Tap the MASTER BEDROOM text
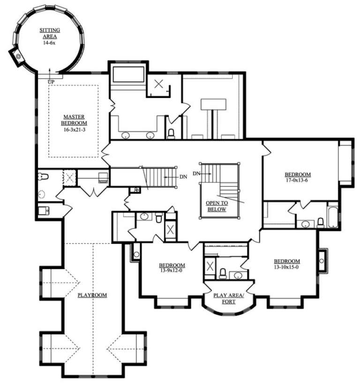point(73,120)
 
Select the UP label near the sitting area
point(51,82)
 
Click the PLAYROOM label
point(92,295)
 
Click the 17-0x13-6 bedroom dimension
point(298,180)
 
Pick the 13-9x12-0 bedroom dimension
point(172,271)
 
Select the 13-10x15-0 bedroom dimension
point(286,267)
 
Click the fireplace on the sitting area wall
point(18,57)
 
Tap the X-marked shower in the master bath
point(159,84)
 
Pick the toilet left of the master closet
point(43,176)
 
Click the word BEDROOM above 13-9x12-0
point(172,264)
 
